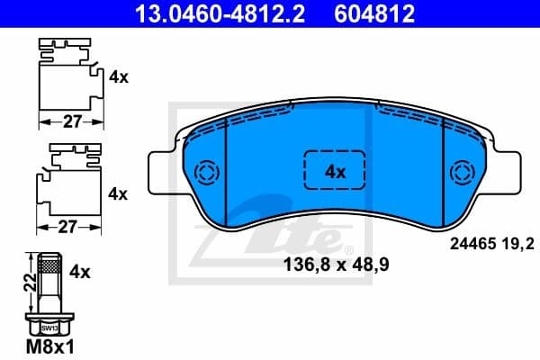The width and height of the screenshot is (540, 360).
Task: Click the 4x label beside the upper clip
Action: [x=119, y=77]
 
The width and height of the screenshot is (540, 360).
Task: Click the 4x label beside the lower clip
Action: [x=119, y=193]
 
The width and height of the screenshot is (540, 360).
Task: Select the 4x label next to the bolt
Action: [x=81, y=270]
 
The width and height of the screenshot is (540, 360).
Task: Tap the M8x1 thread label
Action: [x=49, y=346]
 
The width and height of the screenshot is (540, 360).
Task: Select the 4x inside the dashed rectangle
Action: [x=336, y=170]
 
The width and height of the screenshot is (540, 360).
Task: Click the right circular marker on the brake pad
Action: [x=465, y=171]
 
